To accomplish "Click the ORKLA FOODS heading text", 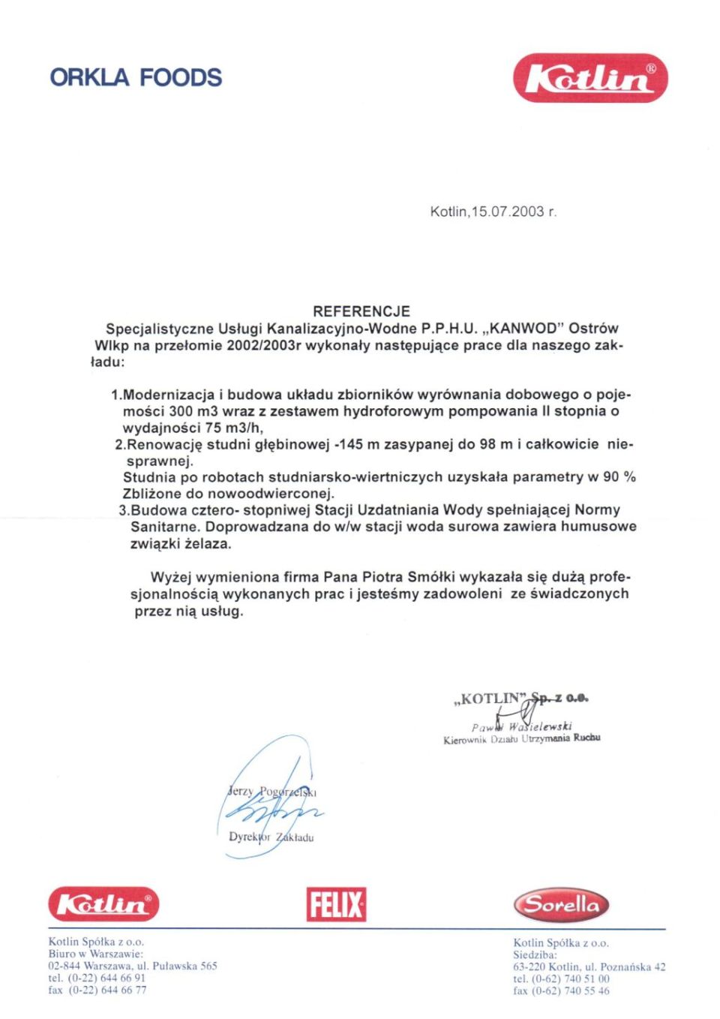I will (136, 77).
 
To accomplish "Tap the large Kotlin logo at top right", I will (590, 78).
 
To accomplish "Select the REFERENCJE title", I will (361, 311).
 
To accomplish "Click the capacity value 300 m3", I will (193, 411).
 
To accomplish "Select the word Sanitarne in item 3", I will (165, 527).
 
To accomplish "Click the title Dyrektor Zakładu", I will (271, 837).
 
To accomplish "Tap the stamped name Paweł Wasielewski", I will (522, 726).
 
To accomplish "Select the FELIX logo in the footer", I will (336, 904).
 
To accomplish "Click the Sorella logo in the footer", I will (561, 905).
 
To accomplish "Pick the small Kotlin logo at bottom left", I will (103, 904).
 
